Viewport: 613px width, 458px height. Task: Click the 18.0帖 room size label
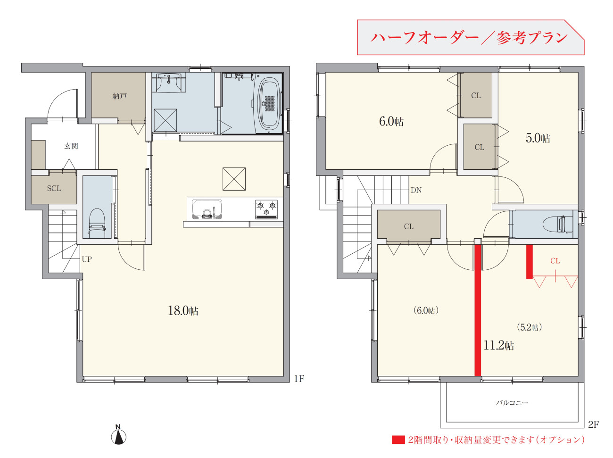pyautogui.click(x=183, y=310)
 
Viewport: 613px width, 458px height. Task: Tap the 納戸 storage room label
pyautogui.click(x=119, y=96)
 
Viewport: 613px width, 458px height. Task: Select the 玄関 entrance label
pyautogui.click(x=71, y=146)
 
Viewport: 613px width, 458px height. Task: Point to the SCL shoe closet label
pyautogui.click(x=54, y=189)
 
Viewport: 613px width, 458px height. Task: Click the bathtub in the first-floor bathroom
pyautogui.click(x=269, y=104)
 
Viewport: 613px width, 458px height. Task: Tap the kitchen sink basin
pyautogui.click(x=207, y=209)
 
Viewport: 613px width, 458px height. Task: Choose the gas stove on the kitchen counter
pyautogui.click(x=266, y=209)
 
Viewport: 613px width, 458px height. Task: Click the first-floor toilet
pyautogui.click(x=97, y=223)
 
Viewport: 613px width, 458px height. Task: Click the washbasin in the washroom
pyautogui.click(x=169, y=83)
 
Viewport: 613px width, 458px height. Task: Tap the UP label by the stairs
pyautogui.click(x=87, y=259)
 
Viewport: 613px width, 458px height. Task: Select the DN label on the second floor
pyautogui.click(x=416, y=190)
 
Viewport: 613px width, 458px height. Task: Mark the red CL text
pyautogui.click(x=555, y=261)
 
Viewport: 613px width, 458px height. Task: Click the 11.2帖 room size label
pyautogui.click(x=499, y=345)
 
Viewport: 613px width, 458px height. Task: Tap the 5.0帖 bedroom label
pyautogui.click(x=538, y=138)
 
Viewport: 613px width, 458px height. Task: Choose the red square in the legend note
pyautogui.click(x=398, y=440)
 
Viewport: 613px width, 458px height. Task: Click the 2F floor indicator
pyautogui.click(x=593, y=425)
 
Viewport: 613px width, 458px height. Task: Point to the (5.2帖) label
pyautogui.click(x=529, y=327)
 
